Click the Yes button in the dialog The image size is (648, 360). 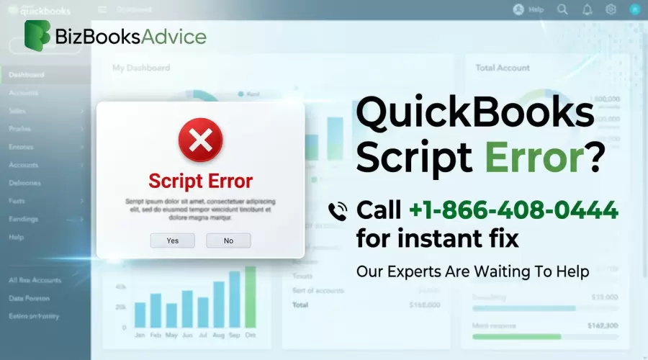172,240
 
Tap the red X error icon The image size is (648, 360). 200,140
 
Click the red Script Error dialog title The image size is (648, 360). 200,180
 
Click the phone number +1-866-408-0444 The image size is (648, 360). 513,210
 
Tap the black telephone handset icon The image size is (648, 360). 337,211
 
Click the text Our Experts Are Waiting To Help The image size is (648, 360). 473,271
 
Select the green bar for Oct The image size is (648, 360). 250,297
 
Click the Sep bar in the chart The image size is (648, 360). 234,300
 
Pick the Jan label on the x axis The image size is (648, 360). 140,336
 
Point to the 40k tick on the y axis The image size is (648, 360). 120,287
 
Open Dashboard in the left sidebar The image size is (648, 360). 27,75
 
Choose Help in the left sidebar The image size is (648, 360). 16,237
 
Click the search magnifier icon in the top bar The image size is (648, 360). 562,9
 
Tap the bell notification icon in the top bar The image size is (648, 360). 587,9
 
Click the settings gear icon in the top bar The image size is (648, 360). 611,9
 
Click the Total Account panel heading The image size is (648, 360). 503,68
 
